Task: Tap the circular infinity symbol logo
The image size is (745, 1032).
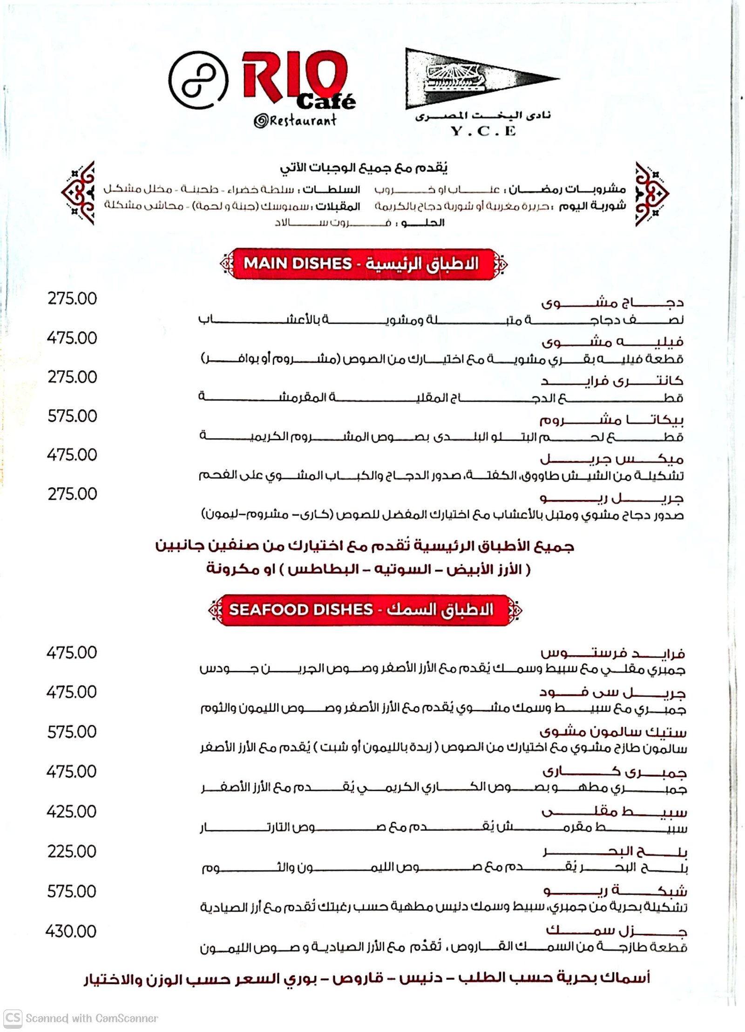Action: (x=198, y=80)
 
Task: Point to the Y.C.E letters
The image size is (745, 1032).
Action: (x=483, y=131)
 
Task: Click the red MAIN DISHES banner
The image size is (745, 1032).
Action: (x=363, y=264)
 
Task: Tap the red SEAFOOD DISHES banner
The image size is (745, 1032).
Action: (x=365, y=610)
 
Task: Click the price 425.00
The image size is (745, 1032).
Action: (x=72, y=812)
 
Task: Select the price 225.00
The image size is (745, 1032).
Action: (x=72, y=851)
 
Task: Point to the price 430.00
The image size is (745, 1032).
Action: (x=71, y=931)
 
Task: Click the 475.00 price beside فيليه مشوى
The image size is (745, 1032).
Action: (x=72, y=338)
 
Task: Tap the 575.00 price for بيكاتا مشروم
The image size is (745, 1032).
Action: (x=72, y=416)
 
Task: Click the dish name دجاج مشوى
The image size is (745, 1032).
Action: (x=612, y=303)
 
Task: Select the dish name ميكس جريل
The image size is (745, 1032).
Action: (x=612, y=459)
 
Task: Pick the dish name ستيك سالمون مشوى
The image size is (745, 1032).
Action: (x=613, y=732)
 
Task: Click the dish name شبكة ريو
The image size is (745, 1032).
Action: (x=615, y=891)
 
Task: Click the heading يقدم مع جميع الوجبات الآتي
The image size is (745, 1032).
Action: (x=364, y=168)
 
